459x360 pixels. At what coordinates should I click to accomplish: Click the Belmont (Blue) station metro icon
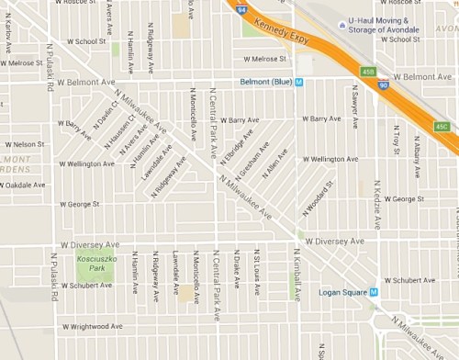[311, 82]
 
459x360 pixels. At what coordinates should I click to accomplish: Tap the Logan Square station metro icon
[374, 293]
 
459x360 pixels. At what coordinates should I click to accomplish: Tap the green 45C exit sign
[442, 125]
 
